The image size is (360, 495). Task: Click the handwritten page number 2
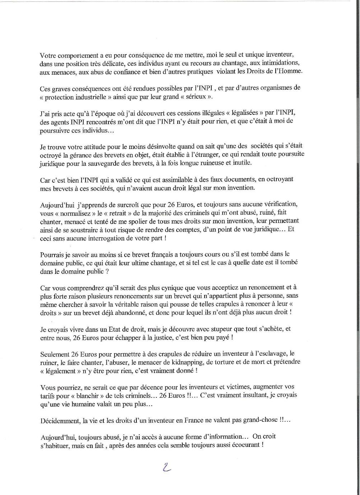click(166, 468)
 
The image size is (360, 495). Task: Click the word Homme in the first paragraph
click(292, 71)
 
